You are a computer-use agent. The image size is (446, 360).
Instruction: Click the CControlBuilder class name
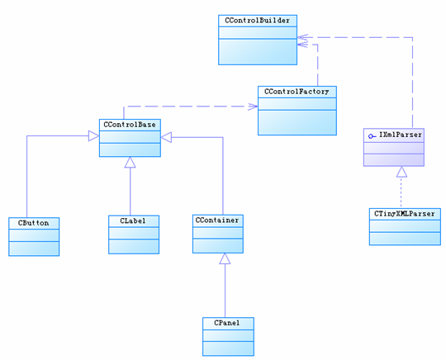(257, 21)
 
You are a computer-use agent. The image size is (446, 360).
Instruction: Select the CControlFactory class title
(297, 92)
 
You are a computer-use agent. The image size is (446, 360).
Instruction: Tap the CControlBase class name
(130, 125)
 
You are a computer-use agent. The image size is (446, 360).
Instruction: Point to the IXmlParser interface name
(401, 135)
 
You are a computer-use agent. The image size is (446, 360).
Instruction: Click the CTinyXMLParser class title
(405, 214)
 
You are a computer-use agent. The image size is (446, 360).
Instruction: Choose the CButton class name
(34, 223)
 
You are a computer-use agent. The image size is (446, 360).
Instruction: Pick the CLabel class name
(133, 220)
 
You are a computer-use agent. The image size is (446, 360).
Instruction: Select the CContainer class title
(217, 220)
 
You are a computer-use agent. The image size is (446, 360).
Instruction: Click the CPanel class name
(227, 323)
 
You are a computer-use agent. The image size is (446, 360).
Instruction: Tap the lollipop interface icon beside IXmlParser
(372, 136)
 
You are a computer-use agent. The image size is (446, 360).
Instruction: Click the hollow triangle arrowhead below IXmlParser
(401, 172)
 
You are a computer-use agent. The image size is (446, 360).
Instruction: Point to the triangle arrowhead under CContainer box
(225, 258)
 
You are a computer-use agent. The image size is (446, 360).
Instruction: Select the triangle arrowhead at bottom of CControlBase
(130, 162)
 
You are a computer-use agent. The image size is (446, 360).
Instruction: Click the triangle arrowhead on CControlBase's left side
(93, 135)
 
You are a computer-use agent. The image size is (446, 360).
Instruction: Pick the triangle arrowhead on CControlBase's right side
(166, 137)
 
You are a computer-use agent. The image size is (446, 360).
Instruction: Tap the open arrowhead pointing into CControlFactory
(253, 107)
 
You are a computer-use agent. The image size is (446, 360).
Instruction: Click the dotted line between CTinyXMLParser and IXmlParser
(401, 192)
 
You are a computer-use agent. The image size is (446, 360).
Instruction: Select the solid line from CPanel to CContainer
(225, 291)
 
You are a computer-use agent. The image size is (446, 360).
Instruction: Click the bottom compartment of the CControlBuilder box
(258, 52)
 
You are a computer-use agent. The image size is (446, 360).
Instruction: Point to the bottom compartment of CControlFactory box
(297, 122)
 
